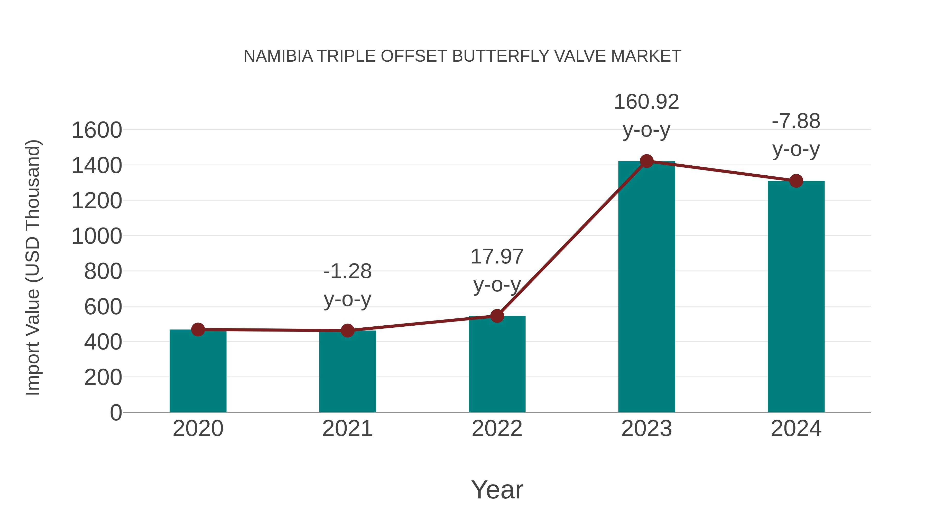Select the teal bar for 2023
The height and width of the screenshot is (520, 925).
[646, 287]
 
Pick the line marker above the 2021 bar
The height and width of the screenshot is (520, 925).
[347, 330]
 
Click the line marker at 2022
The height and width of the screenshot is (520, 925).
[497, 316]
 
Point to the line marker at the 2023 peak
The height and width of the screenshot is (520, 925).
[646, 161]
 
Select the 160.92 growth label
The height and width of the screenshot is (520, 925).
[646, 102]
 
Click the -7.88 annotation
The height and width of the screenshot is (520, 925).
[796, 121]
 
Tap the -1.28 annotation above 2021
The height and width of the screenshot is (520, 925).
[347, 271]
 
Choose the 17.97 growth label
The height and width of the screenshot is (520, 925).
[497, 257]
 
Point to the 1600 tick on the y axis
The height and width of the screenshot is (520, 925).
[97, 130]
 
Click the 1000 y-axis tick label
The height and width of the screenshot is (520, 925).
[97, 237]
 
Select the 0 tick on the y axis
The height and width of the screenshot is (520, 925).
[116, 413]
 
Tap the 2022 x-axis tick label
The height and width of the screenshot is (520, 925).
[497, 429]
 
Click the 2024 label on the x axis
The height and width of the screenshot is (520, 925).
[796, 429]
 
